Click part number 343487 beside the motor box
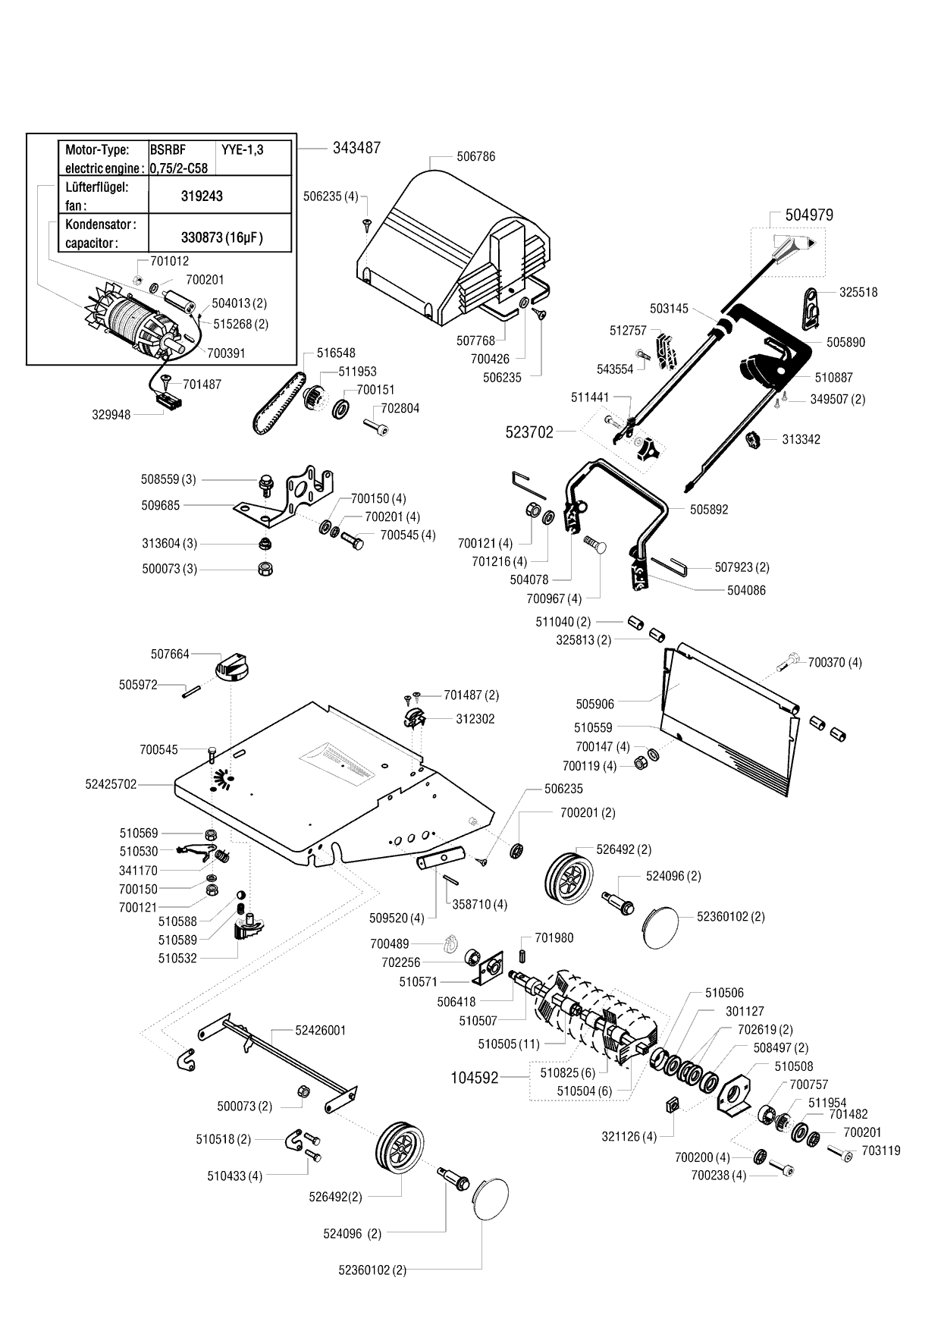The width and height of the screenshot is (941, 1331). pos(356,148)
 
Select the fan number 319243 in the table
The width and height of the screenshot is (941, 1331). pos(202,196)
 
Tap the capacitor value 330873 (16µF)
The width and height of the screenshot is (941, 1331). pos(221,237)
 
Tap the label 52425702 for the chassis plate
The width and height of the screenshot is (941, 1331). pos(111,784)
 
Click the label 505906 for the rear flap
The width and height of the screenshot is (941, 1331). pos(594,705)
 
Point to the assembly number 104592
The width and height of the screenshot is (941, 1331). pos(474,1078)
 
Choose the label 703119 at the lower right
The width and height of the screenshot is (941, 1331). pos(881,1150)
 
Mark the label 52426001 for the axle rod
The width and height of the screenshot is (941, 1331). pos(320,1030)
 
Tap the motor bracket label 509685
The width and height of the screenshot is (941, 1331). pos(161,504)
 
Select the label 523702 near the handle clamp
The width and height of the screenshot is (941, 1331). pos(529,432)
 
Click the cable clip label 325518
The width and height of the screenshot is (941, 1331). pos(858,292)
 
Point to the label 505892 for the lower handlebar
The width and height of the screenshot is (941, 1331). pos(708,510)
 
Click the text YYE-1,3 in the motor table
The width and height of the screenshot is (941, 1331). pos(242,149)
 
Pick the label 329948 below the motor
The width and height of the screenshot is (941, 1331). pos(111,415)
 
